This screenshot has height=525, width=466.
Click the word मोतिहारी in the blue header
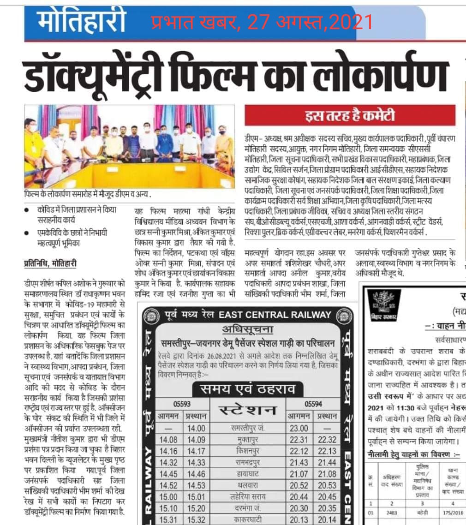pos(82,20)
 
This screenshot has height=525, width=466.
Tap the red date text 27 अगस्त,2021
pos(310,21)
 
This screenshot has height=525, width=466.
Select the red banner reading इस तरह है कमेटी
pos(350,116)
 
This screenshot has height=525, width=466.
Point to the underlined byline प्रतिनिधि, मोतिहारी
pos(50,264)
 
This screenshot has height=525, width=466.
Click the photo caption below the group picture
pos(88,194)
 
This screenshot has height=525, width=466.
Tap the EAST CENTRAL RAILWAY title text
pos(275,316)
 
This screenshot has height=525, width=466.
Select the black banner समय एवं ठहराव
pos(248,390)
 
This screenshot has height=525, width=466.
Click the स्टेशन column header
pos(248,410)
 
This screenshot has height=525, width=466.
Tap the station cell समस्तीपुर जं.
pos(248,428)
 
